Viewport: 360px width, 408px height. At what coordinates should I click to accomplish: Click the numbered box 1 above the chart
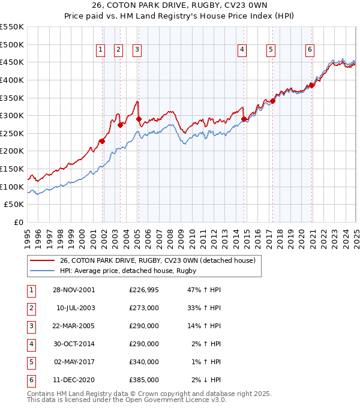tap(100, 50)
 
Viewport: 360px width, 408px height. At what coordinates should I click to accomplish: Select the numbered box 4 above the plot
tap(242, 50)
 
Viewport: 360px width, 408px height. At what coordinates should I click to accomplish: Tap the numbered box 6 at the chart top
tap(310, 50)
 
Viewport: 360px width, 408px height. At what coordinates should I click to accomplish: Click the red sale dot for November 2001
tap(103, 141)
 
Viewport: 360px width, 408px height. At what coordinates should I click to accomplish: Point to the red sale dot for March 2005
tap(139, 119)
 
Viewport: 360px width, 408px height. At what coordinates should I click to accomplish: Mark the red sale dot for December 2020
tap(312, 85)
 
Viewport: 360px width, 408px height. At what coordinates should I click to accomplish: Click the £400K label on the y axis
tap(12, 80)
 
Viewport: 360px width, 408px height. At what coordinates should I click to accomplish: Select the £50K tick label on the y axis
tap(14, 205)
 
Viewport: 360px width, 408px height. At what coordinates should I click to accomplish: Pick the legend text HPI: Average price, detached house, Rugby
tap(128, 271)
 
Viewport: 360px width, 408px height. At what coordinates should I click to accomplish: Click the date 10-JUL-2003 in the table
tap(74, 308)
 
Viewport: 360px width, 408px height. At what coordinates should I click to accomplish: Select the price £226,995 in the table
tap(144, 290)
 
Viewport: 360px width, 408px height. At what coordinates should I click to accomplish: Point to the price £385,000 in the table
tap(144, 380)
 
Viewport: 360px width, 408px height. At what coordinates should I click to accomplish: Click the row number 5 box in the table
tap(31, 362)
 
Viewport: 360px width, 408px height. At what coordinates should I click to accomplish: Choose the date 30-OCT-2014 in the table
tap(74, 344)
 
